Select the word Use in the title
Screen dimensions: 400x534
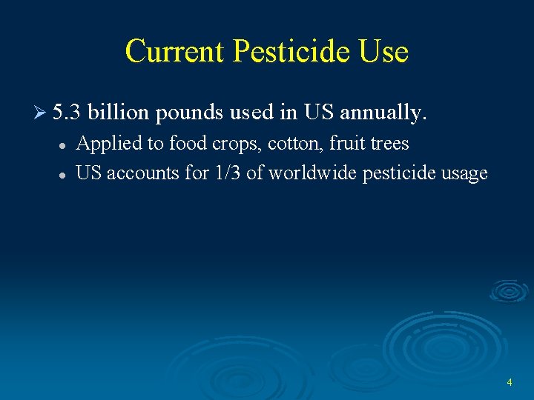coord(383,51)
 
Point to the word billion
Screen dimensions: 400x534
coord(119,113)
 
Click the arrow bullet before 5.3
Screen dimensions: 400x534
coord(42,113)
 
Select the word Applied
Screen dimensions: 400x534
coord(106,143)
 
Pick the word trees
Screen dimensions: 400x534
coord(389,143)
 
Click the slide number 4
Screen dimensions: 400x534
coord(510,382)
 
